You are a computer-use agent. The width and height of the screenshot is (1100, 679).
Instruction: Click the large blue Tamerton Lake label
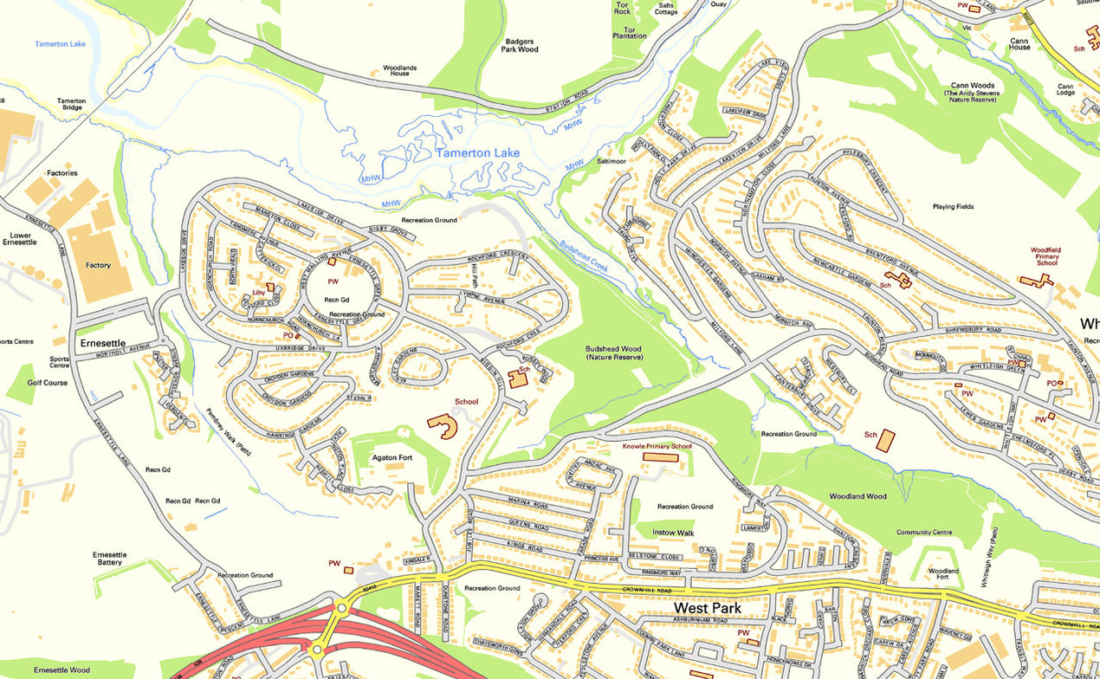477,153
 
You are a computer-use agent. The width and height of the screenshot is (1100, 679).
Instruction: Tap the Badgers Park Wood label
520,45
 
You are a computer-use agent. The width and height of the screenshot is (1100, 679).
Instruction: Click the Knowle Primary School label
657,447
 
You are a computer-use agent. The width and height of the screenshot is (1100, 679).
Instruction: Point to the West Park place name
709,609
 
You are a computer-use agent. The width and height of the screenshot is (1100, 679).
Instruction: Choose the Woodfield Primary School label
1045,256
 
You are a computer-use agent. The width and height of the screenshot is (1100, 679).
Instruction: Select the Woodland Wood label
857,496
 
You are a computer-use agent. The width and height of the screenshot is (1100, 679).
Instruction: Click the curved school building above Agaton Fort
443,425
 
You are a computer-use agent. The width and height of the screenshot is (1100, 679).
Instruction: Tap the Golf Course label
48,382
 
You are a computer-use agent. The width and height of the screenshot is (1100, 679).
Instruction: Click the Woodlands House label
399,70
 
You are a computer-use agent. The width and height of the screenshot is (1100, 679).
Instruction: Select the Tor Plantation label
630,33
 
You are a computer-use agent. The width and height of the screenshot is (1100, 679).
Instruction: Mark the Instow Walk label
673,533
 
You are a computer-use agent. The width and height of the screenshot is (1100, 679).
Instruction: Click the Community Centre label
924,533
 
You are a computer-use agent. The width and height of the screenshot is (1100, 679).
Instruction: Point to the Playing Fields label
953,207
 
